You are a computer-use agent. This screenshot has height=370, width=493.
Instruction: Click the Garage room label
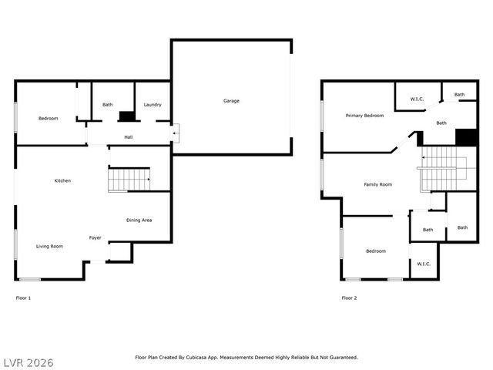[x=231, y=101]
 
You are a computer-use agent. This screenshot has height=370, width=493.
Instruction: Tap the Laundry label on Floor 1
[x=153, y=105]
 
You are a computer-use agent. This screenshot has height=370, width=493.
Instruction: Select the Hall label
[x=129, y=137]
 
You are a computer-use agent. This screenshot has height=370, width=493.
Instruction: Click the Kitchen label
[x=62, y=180]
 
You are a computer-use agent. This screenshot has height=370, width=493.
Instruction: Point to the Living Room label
[x=49, y=246]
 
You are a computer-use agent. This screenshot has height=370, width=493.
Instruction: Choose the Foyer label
[x=95, y=237]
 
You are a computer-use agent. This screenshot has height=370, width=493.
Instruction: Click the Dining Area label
[x=139, y=220]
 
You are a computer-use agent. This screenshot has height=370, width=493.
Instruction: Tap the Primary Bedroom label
[x=364, y=116]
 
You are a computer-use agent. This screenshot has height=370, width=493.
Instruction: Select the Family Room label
[x=378, y=184]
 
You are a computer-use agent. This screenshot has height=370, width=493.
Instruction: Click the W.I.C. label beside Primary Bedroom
[x=418, y=99]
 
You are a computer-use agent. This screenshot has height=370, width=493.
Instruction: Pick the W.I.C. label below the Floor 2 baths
[x=424, y=264]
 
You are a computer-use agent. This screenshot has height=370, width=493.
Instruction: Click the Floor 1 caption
[x=23, y=298]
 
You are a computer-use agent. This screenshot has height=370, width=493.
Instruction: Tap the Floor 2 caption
[x=349, y=298]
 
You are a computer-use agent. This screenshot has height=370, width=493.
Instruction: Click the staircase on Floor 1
[x=129, y=180]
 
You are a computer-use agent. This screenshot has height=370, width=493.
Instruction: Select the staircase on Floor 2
[x=439, y=169]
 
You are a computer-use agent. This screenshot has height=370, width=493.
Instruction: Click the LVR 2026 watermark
[x=28, y=362]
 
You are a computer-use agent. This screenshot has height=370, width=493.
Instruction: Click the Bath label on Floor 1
[x=108, y=105]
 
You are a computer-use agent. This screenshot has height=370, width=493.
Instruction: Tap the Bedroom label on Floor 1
[x=49, y=118]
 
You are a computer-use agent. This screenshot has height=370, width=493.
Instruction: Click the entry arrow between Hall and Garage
[x=175, y=133]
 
